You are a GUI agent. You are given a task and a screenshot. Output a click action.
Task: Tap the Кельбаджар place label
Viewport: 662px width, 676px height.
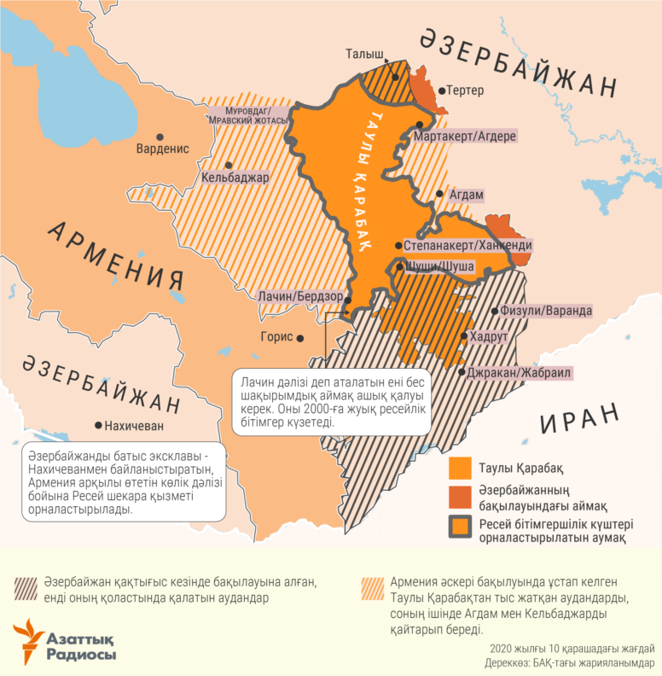(235, 178)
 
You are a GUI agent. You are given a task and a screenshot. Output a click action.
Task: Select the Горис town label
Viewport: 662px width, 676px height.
(276, 337)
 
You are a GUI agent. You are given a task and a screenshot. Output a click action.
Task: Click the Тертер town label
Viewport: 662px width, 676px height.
(466, 90)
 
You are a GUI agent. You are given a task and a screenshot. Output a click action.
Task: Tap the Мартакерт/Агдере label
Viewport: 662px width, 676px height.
(464, 136)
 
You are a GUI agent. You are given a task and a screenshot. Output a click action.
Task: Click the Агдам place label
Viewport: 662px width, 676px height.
(467, 195)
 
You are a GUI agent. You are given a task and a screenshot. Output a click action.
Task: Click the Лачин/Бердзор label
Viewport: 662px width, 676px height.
(300, 296)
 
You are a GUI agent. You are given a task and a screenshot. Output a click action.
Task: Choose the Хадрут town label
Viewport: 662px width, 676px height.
(490, 337)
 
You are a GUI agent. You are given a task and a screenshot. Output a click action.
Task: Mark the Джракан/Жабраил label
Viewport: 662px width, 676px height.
(520, 373)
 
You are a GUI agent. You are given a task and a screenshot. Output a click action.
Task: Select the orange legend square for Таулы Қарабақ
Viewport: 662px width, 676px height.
(460, 469)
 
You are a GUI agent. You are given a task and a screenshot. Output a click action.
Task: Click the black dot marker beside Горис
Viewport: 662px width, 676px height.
(301, 338)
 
